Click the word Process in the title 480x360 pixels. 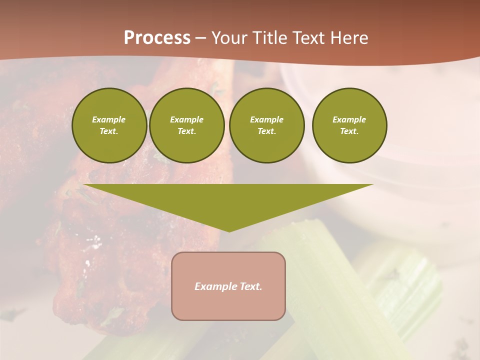(x=157, y=38)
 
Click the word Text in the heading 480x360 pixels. (x=309, y=38)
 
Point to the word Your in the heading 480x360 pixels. (x=229, y=38)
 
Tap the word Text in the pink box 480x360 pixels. (x=250, y=286)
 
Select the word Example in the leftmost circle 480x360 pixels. (x=109, y=119)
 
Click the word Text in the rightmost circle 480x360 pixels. (x=349, y=131)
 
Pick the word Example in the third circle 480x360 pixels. (x=266, y=119)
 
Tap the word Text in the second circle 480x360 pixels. (x=186, y=131)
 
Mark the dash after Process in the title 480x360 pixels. (x=200, y=38)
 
